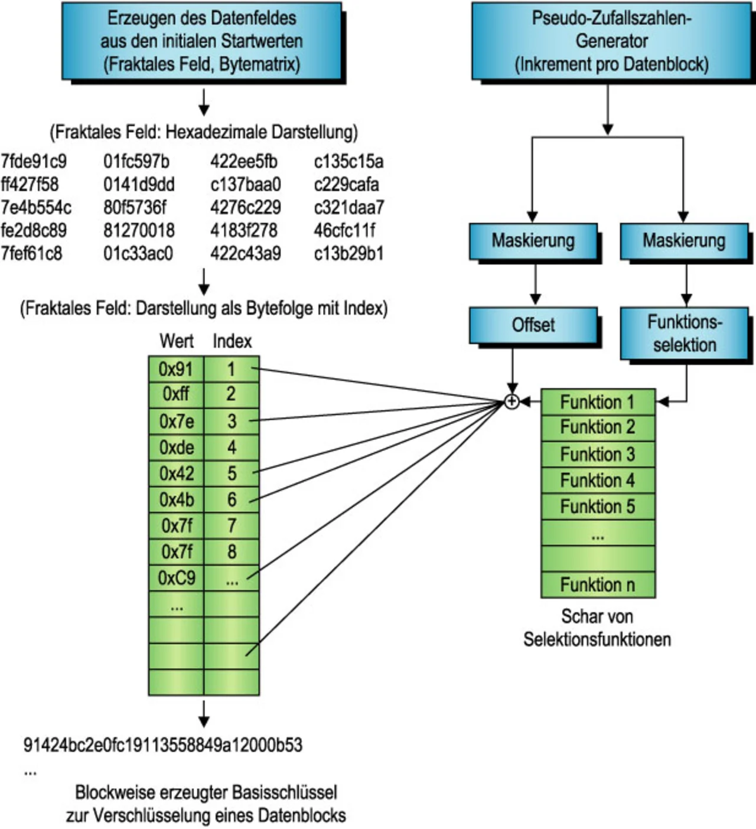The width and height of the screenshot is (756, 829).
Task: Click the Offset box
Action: click(x=533, y=325)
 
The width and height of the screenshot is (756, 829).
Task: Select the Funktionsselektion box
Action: click(x=684, y=333)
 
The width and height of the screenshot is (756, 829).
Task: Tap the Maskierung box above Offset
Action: click(x=533, y=241)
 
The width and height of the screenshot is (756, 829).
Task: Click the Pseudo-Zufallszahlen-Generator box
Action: click(x=611, y=41)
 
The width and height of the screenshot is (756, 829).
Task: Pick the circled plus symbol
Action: click(x=512, y=402)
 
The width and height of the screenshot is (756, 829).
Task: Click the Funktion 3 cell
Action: click(x=598, y=454)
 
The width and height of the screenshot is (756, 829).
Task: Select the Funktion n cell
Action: click(x=598, y=585)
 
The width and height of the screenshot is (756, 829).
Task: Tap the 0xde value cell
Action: click(x=176, y=448)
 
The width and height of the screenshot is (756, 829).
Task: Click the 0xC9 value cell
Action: click(x=176, y=577)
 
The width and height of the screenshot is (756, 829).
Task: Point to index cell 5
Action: click(x=232, y=474)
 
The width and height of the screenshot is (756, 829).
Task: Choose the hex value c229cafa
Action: click(x=346, y=184)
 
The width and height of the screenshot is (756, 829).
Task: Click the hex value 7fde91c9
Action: click(x=34, y=161)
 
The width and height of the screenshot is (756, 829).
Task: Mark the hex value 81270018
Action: click(x=139, y=230)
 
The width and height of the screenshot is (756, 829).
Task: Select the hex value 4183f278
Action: click(x=243, y=230)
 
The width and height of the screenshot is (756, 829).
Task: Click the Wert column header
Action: click(x=176, y=341)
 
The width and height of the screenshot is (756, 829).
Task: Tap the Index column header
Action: click(x=232, y=341)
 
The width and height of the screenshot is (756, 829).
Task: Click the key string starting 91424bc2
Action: click(x=162, y=745)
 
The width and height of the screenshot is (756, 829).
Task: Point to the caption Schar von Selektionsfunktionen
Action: click(x=597, y=628)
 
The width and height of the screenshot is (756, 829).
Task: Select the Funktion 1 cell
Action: click(x=598, y=402)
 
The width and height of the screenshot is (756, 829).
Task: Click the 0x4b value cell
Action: click(x=176, y=500)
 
